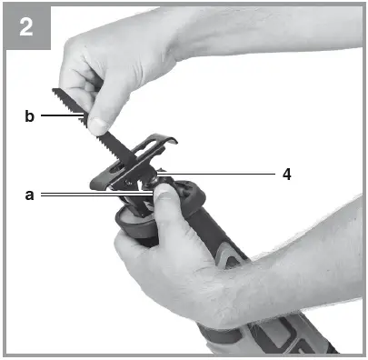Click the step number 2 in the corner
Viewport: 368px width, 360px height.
click(26, 26)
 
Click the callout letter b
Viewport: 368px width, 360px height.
click(29, 115)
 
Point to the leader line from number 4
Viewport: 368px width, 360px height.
click(218, 171)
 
